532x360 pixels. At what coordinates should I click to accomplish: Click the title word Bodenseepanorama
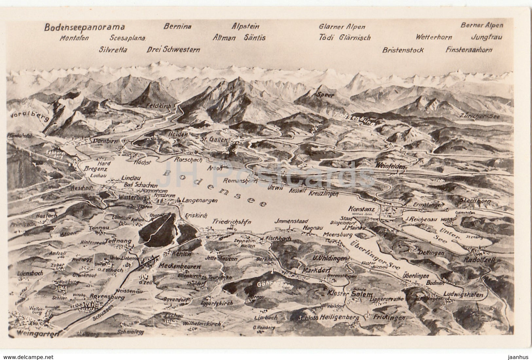click(84, 27)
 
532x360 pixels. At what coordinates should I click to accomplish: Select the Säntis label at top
click(254, 38)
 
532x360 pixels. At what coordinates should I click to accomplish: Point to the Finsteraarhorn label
click(468, 50)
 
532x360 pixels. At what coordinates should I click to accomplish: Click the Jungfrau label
click(486, 37)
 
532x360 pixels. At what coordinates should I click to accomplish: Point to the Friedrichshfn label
click(231, 222)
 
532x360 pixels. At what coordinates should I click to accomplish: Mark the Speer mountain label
click(325, 95)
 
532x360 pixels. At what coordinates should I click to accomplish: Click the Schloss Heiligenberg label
click(328, 318)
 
